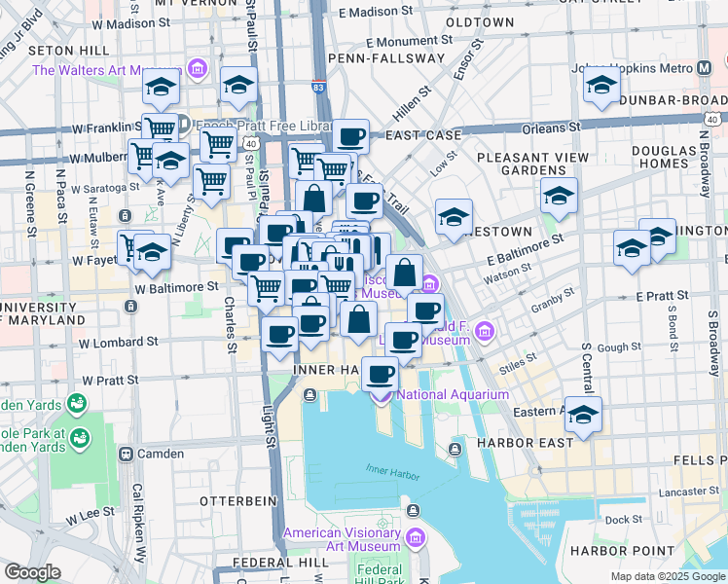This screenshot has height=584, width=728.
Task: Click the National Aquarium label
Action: tap(453, 394)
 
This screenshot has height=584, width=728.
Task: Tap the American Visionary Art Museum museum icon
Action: tap(416, 538)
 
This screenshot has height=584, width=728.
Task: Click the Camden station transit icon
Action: tap(126, 454)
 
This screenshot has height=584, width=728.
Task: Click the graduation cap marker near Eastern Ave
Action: tap(583, 415)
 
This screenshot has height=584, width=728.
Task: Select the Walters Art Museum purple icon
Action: tap(198, 70)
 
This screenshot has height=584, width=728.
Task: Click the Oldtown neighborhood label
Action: tap(479, 21)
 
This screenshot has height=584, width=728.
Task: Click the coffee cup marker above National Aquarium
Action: tap(381, 374)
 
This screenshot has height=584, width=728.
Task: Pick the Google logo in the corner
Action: tap(32, 572)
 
